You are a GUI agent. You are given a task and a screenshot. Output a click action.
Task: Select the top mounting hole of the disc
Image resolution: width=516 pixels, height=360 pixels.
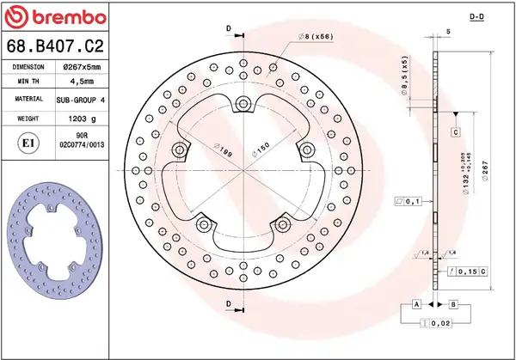point(244,105)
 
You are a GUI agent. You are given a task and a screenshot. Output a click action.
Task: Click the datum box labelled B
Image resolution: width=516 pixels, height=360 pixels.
point(453,305)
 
